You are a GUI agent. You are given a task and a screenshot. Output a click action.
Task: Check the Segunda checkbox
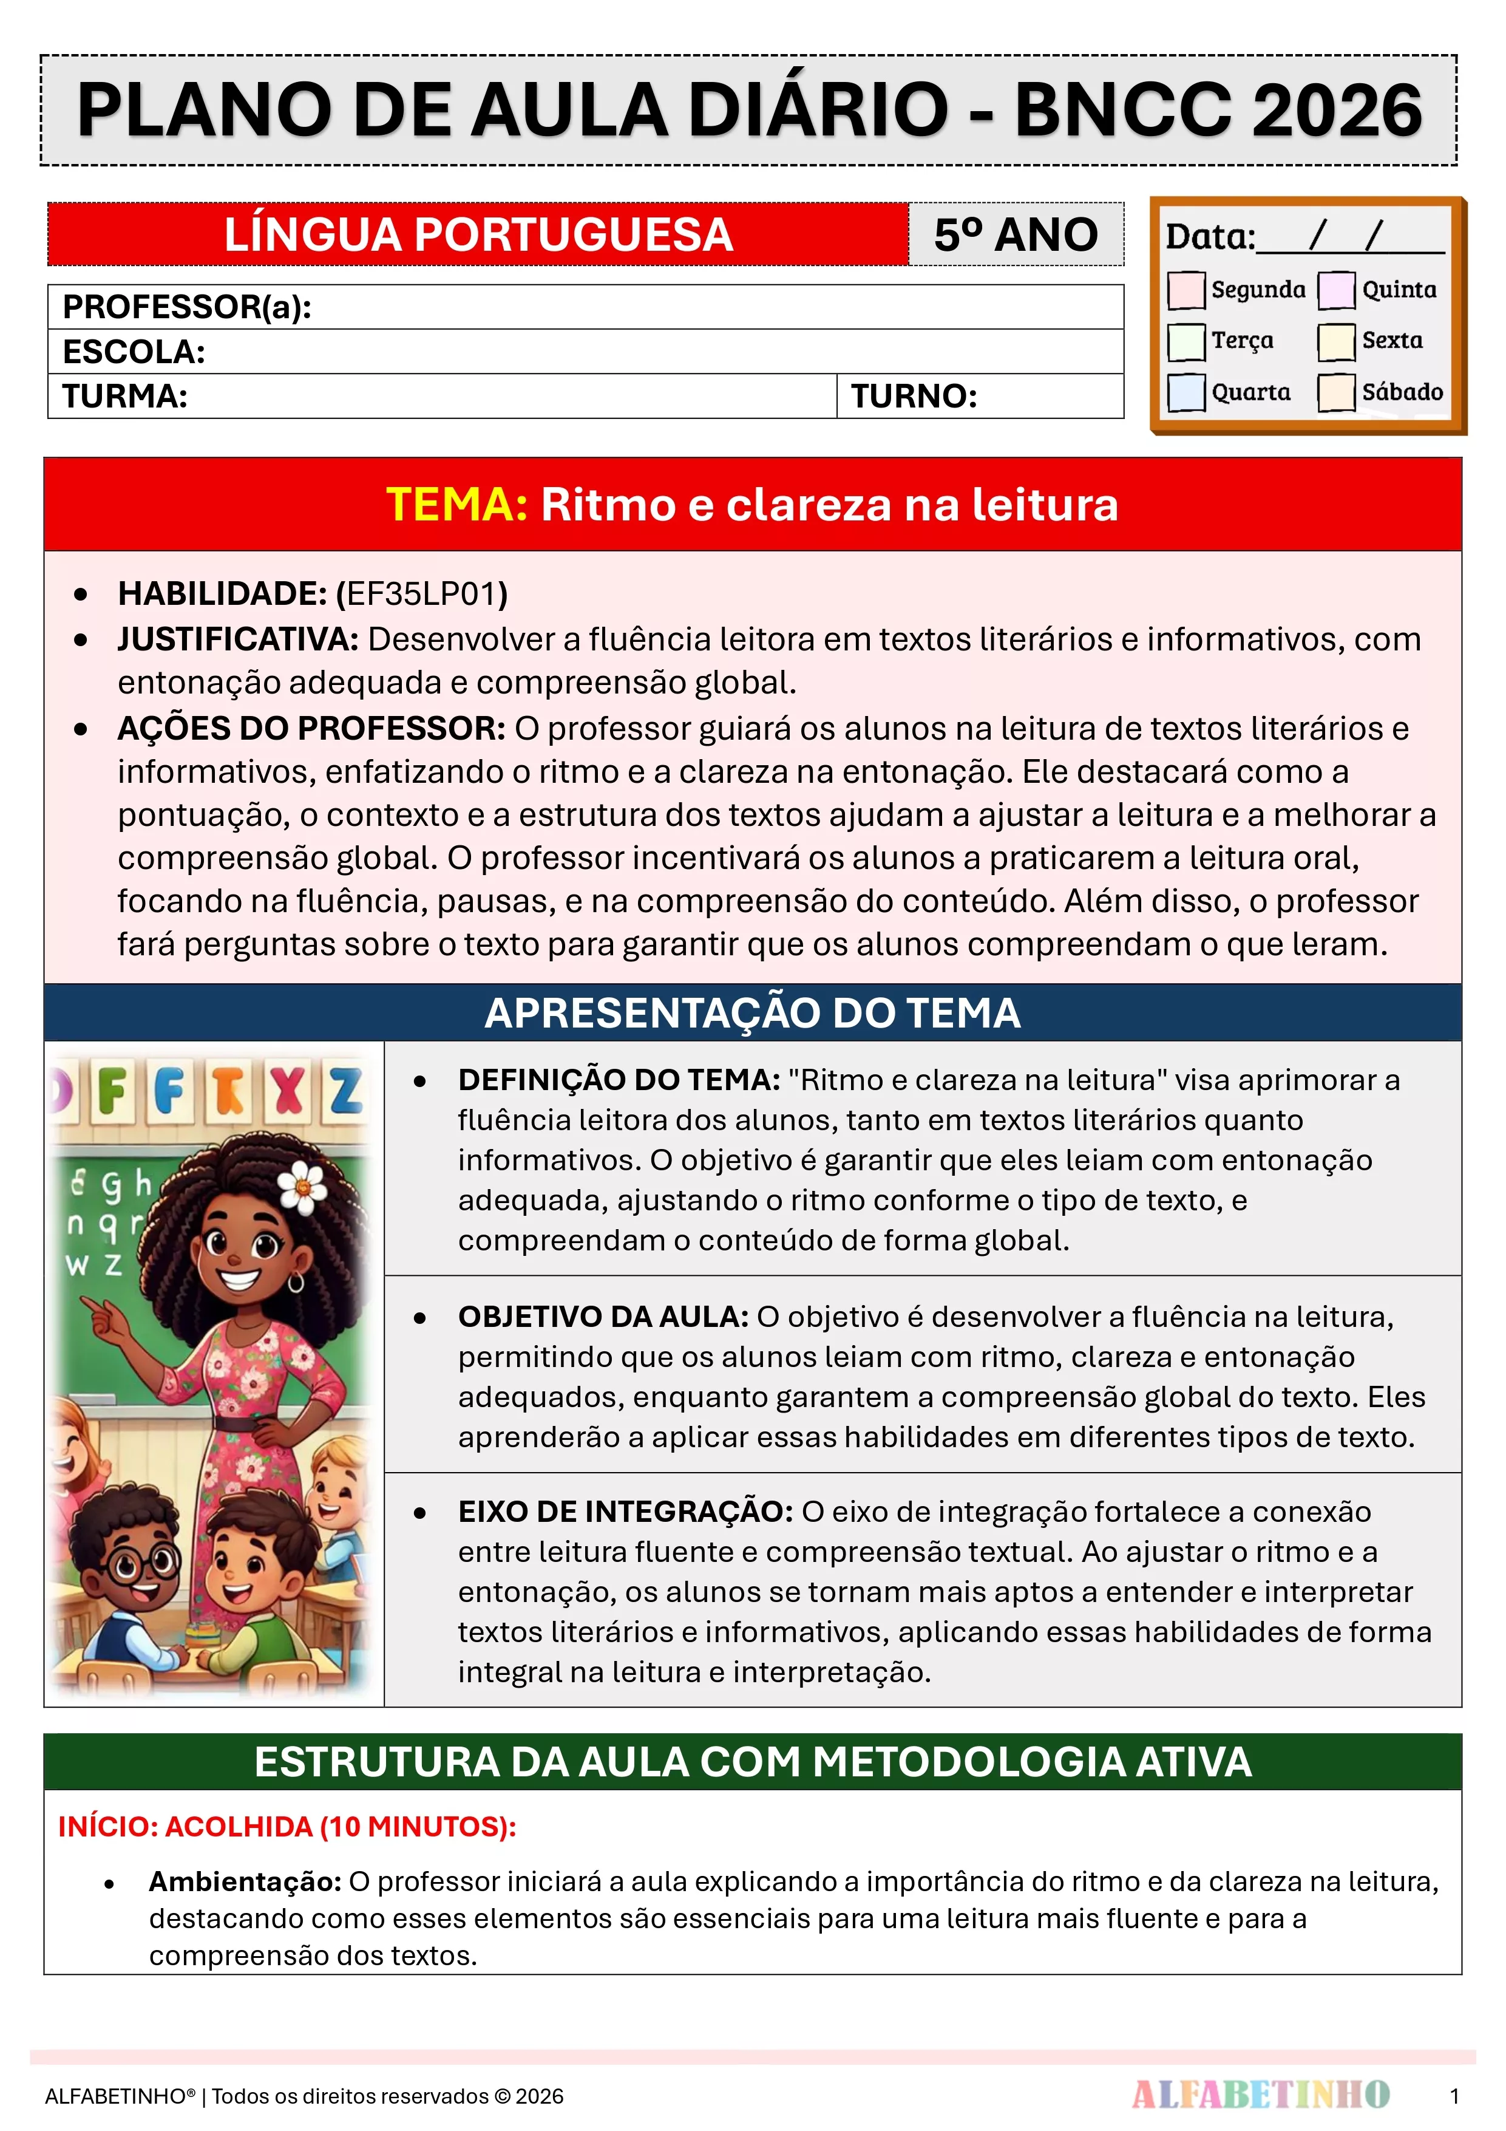click(1186, 290)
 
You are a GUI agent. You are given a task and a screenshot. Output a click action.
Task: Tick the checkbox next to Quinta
click(1336, 290)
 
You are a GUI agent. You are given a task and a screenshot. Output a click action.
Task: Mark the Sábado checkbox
click(1336, 392)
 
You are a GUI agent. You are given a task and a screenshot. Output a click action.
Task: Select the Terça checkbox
click(1186, 341)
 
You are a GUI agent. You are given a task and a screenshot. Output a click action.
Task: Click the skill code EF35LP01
click(423, 594)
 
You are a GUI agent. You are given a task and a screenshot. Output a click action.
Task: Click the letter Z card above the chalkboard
click(346, 1091)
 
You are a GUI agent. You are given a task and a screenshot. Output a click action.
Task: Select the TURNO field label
click(914, 397)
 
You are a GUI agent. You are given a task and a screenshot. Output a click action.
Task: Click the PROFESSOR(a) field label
click(186, 307)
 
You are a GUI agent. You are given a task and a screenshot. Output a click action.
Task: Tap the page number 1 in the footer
click(1454, 2096)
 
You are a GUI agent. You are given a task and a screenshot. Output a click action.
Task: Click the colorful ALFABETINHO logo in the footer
click(1260, 2095)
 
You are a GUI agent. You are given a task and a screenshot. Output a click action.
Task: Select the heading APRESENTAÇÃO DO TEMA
click(753, 1012)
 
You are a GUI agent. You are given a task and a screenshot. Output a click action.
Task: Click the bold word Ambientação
click(245, 1881)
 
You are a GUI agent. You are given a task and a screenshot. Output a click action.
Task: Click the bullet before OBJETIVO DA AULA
click(420, 1318)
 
